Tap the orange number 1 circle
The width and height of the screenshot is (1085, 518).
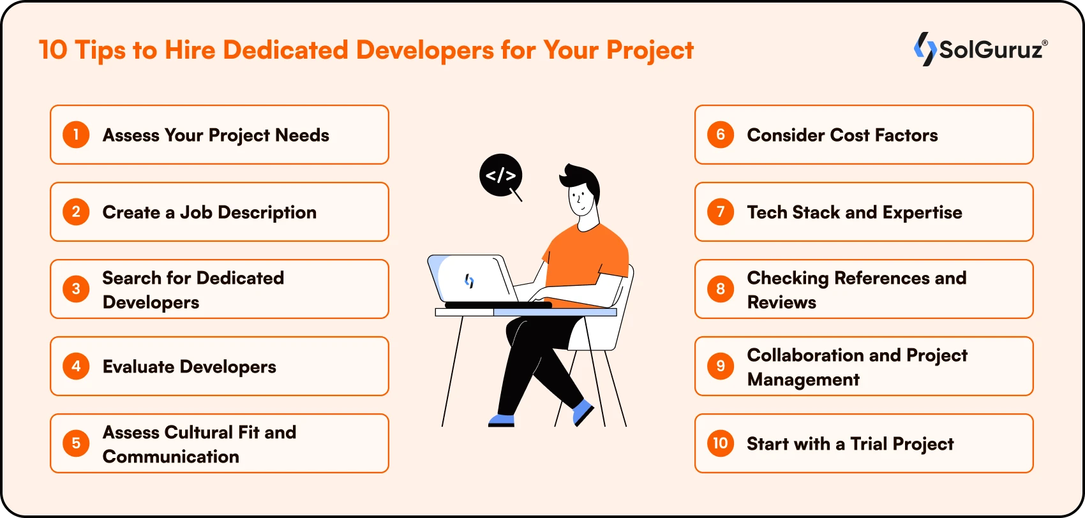pos(76,135)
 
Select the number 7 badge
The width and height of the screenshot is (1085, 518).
pos(721,212)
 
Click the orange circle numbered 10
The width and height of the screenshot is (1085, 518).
pos(721,443)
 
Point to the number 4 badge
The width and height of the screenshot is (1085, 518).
pos(76,366)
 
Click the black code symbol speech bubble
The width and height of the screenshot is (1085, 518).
pos(501,175)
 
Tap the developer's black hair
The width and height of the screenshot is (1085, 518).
pos(581,180)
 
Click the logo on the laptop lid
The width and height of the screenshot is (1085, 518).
pos(469,280)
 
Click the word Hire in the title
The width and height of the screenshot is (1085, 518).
pos(190,50)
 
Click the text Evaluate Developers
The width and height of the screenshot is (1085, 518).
pos(190,366)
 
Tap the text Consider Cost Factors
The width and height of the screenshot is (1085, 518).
pos(842,135)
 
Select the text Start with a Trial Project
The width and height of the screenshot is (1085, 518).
pos(850,444)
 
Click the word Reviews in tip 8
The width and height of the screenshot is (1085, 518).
pos(781,302)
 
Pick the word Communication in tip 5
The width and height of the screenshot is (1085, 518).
pos(171,457)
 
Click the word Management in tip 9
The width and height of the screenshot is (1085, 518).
pos(803,380)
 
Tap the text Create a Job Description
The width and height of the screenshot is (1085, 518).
pos(209,212)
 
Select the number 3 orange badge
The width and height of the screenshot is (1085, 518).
pos(76,289)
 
